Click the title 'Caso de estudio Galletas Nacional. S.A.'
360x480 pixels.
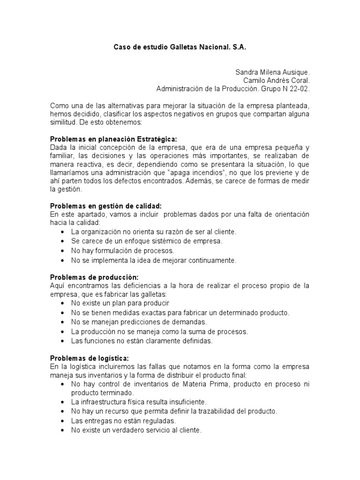coord(180,48)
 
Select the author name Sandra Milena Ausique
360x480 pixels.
coord(272,73)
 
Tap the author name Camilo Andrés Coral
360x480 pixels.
coord(277,81)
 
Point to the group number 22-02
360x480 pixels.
coord(300,89)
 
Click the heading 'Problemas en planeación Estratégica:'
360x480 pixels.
coord(114,140)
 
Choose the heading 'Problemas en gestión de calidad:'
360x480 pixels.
coord(105,206)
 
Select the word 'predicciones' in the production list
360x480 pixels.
coord(127,322)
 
